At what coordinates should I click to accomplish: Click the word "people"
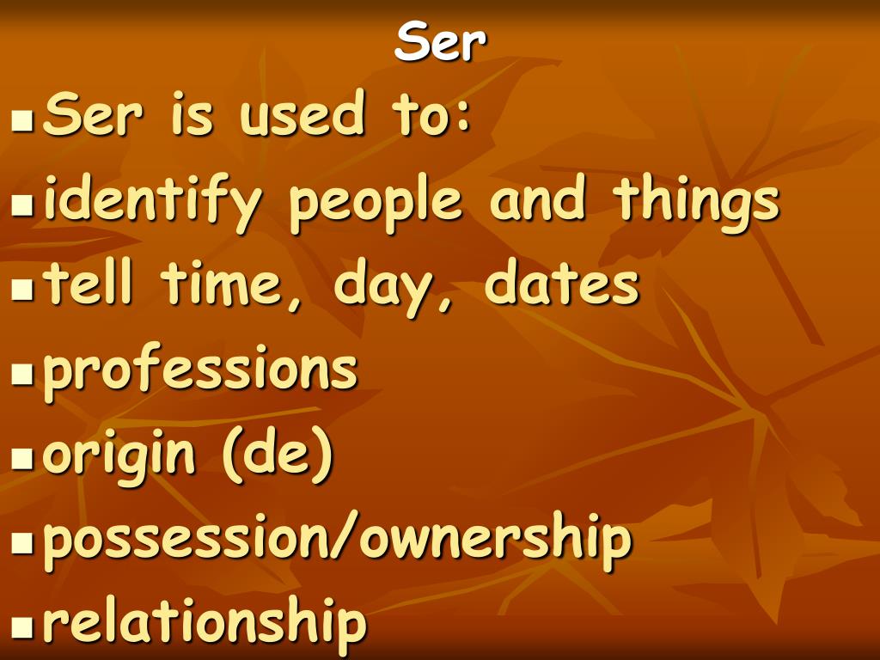(x=375, y=204)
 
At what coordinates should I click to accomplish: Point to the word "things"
(x=696, y=204)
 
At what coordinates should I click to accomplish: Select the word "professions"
(x=200, y=371)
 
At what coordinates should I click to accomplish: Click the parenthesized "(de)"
(x=278, y=455)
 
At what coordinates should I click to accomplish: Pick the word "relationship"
(x=205, y=623)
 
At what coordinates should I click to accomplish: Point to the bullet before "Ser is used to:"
(x=21, y=120)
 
